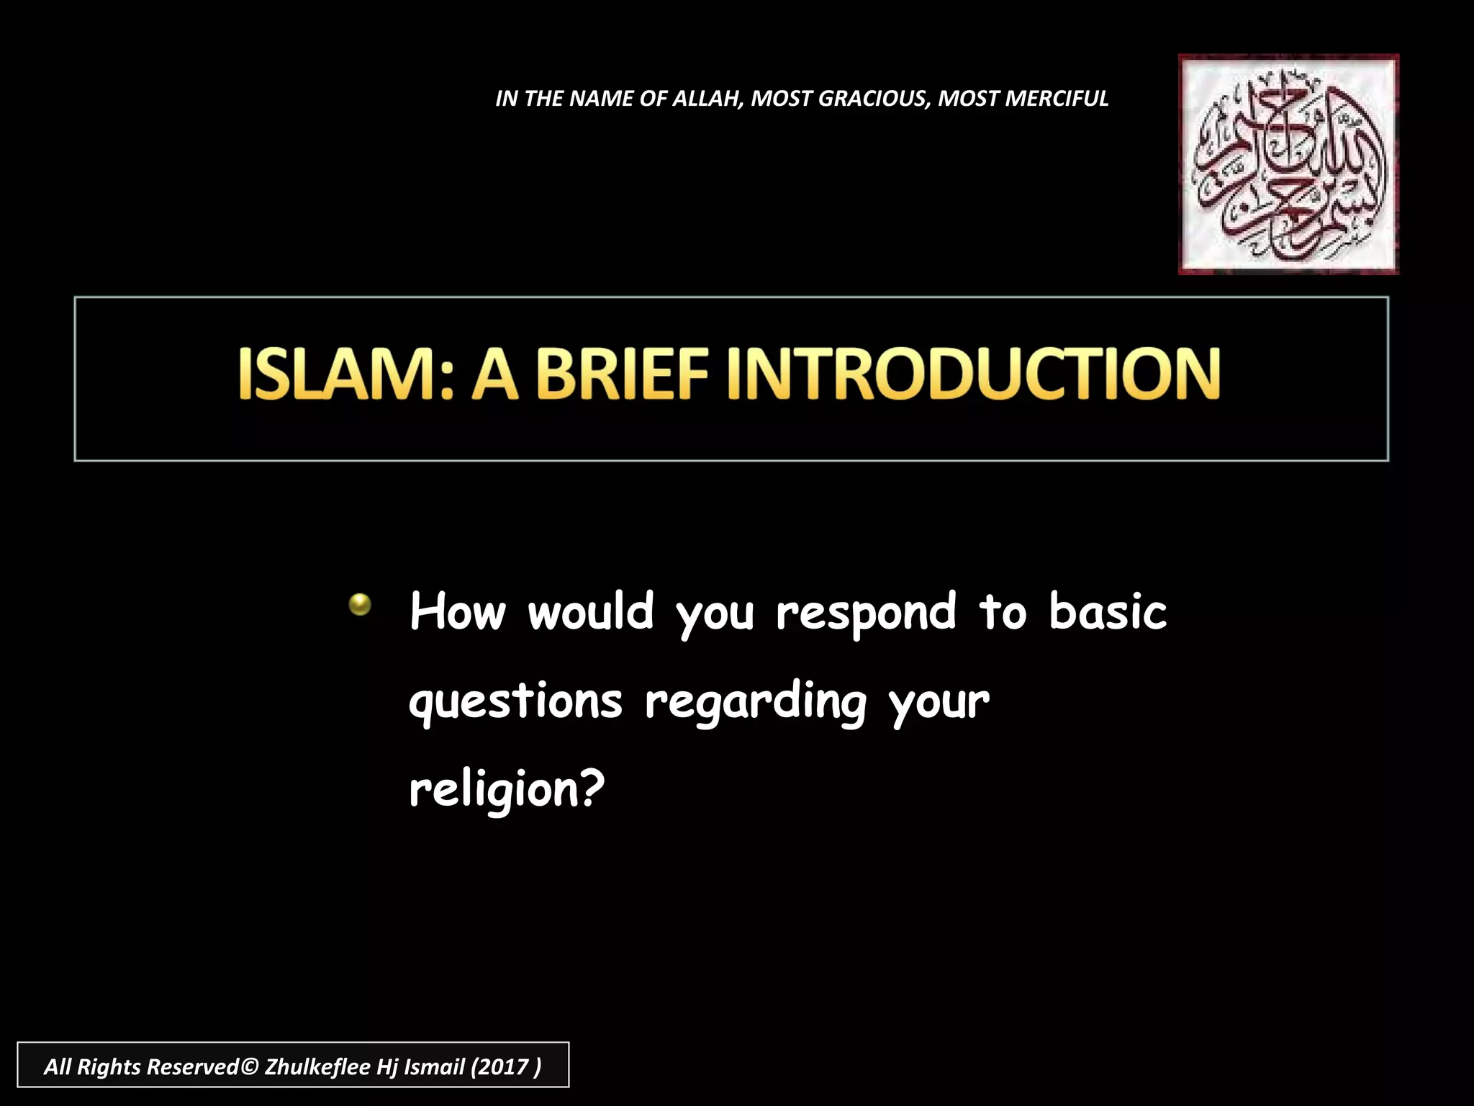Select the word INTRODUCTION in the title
click(x=973, y=374)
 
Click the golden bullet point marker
click(x=360, y=604)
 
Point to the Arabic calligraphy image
click(x=1288, y=164)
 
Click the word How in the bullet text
click(x=458, y=612)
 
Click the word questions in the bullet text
click(x=515, y=702)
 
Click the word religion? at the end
click(x=507, y=791)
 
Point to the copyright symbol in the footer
click(x=249, y=1066)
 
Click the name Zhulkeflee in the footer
click(x=317, y=1066)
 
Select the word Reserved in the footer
click(x=192, y=1066)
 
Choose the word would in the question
click(x=591, y=612)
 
